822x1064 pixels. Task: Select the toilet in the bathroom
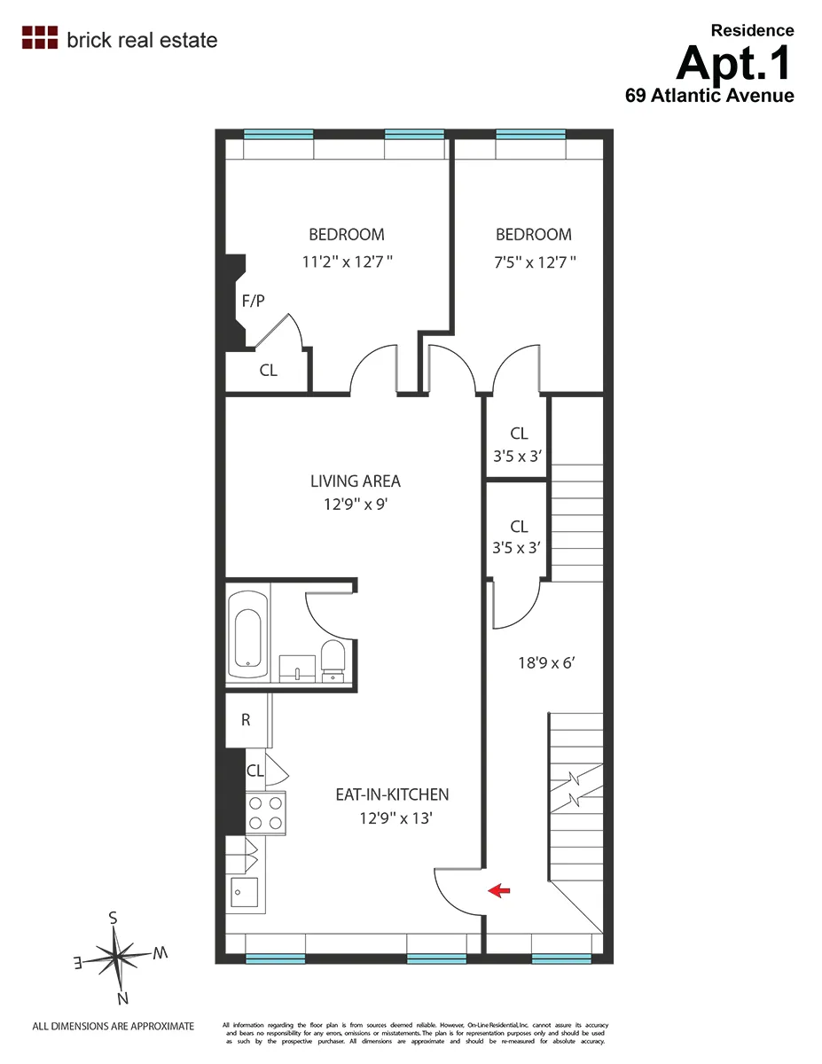click(x=332, y=660)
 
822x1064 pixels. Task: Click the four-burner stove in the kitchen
click(x=265, y=812)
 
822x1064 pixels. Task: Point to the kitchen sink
click(x=244, y=892)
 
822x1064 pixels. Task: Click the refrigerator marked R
click(x=246, y=720)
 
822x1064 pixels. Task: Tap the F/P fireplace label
click(x=253, y=301)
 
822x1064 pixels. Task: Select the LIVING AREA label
click(x=355, y=481)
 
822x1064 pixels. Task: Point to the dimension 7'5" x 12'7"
click(x=534, y=262)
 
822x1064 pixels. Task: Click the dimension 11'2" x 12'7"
click(x=347, y=262)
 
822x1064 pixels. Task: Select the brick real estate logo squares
click(x=39, y=37)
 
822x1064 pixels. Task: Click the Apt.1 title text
click(x=734, y=62)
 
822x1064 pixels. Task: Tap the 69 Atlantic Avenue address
click(x=709, y=95)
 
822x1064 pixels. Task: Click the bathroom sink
click(x=297, y=668)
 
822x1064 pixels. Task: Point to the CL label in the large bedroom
click(x=269, y=371)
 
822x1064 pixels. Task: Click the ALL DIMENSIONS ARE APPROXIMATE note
click(x=113, y=1026)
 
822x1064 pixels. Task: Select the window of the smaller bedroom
click(x=530, y=135)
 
